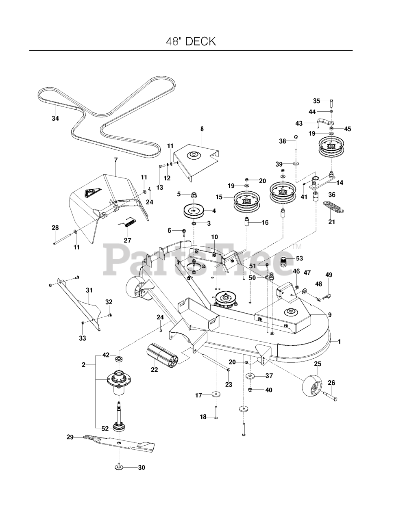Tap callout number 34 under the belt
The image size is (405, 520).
pos(55,118)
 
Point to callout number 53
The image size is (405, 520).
pos(299,258)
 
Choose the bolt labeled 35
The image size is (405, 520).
pos(331,103)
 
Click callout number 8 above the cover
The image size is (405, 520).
pos(202,129)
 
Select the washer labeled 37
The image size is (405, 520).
pos(250,376)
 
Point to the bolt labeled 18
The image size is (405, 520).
pos(216,412)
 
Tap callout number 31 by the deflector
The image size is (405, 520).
pos(89,290)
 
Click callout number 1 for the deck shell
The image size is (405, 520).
pos(339,342)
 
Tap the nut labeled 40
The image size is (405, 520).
pos(250,390)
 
